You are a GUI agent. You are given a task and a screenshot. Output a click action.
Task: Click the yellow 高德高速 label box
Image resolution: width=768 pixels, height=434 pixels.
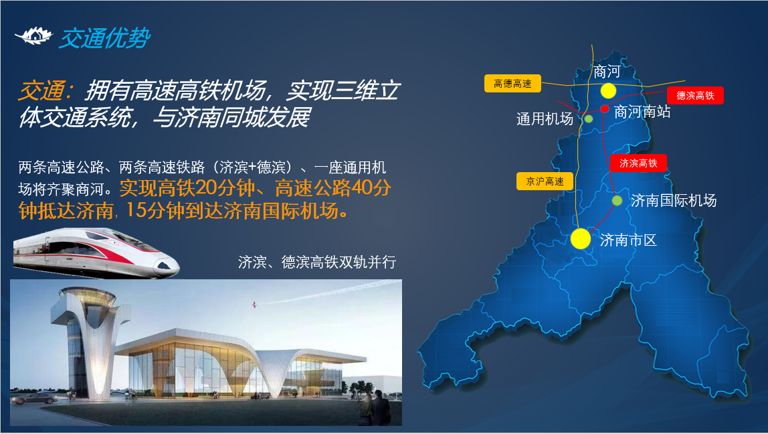(x=512, y=83)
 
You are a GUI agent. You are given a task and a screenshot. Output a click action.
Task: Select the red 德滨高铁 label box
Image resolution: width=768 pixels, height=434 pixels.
(x=695, y=96)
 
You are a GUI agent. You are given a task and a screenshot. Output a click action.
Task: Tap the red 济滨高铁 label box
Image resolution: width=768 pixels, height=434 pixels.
(x=638, y=163)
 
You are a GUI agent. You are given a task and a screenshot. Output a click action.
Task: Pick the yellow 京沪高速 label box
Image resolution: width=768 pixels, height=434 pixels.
(x=545, y=182)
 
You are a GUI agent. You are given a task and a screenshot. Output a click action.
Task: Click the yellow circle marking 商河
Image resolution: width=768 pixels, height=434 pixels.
(x=608, y=90)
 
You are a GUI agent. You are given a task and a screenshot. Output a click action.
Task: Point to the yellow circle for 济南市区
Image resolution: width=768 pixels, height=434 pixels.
(x=581, y=239)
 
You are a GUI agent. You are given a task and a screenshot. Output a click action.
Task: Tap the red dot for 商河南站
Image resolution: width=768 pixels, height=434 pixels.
(x=605, y=109)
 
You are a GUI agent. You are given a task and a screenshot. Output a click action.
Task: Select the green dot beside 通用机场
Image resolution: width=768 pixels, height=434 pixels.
(x=589, y=119)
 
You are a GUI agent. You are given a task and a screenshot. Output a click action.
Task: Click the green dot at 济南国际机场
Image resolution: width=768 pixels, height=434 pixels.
(x=617, y=200)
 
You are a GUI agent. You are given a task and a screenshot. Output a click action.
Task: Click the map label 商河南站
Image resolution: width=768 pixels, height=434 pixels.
(x=642, y=112)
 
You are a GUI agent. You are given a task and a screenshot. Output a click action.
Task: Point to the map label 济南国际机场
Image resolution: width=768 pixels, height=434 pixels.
(x=674, y=200)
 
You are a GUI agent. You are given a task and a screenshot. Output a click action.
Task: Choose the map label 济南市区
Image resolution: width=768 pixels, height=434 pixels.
(x=628, y=240)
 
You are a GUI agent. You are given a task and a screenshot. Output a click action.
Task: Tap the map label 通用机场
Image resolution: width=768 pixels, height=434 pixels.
(x=545, y=119)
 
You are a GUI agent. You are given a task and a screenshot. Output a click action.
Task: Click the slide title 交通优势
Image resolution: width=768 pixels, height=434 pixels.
(x=104, y=38)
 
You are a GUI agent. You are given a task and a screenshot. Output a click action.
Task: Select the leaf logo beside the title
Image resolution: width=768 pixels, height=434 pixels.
(x=33, y=35)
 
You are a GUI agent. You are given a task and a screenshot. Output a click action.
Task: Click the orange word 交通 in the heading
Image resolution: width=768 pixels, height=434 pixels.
(x=41, y=91)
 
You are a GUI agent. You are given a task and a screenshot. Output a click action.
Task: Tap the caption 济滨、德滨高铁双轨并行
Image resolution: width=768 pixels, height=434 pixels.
(x=317, y=263)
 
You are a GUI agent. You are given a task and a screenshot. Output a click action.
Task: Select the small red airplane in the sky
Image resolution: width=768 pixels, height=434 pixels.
(x=254, y=305)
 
